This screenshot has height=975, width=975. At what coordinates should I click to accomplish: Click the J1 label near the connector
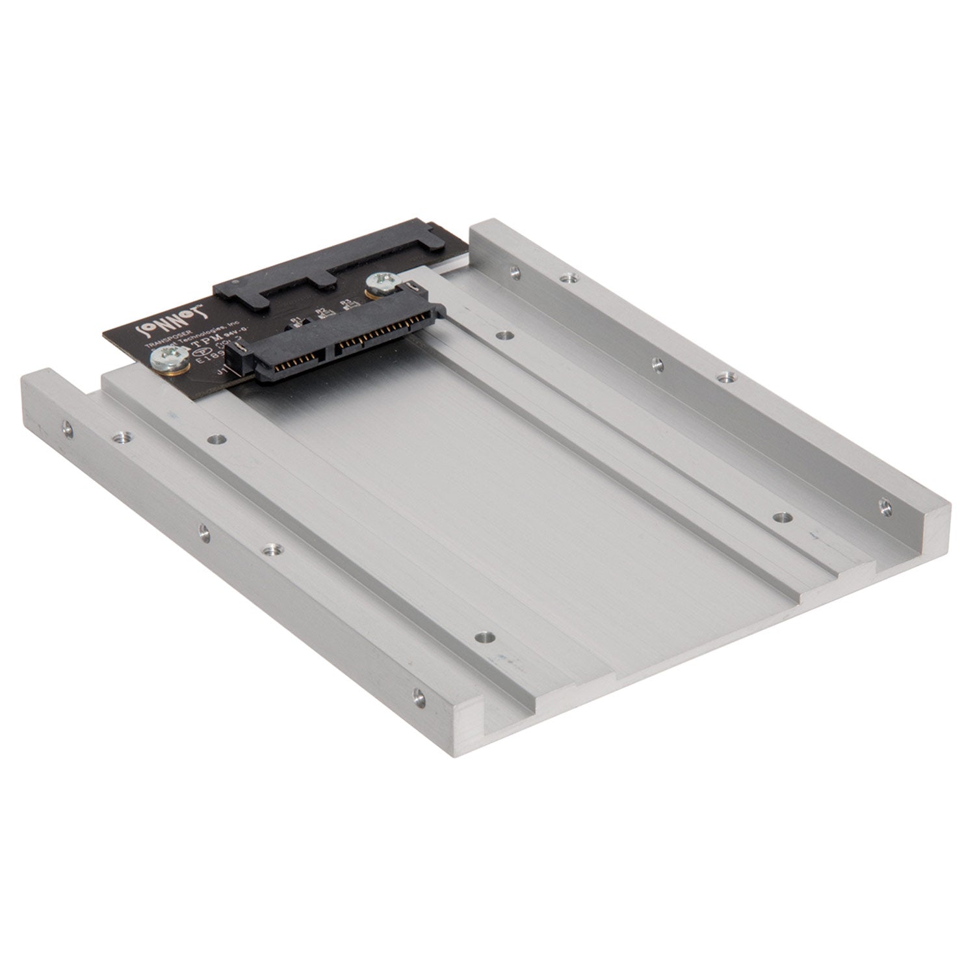pos(220,372)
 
